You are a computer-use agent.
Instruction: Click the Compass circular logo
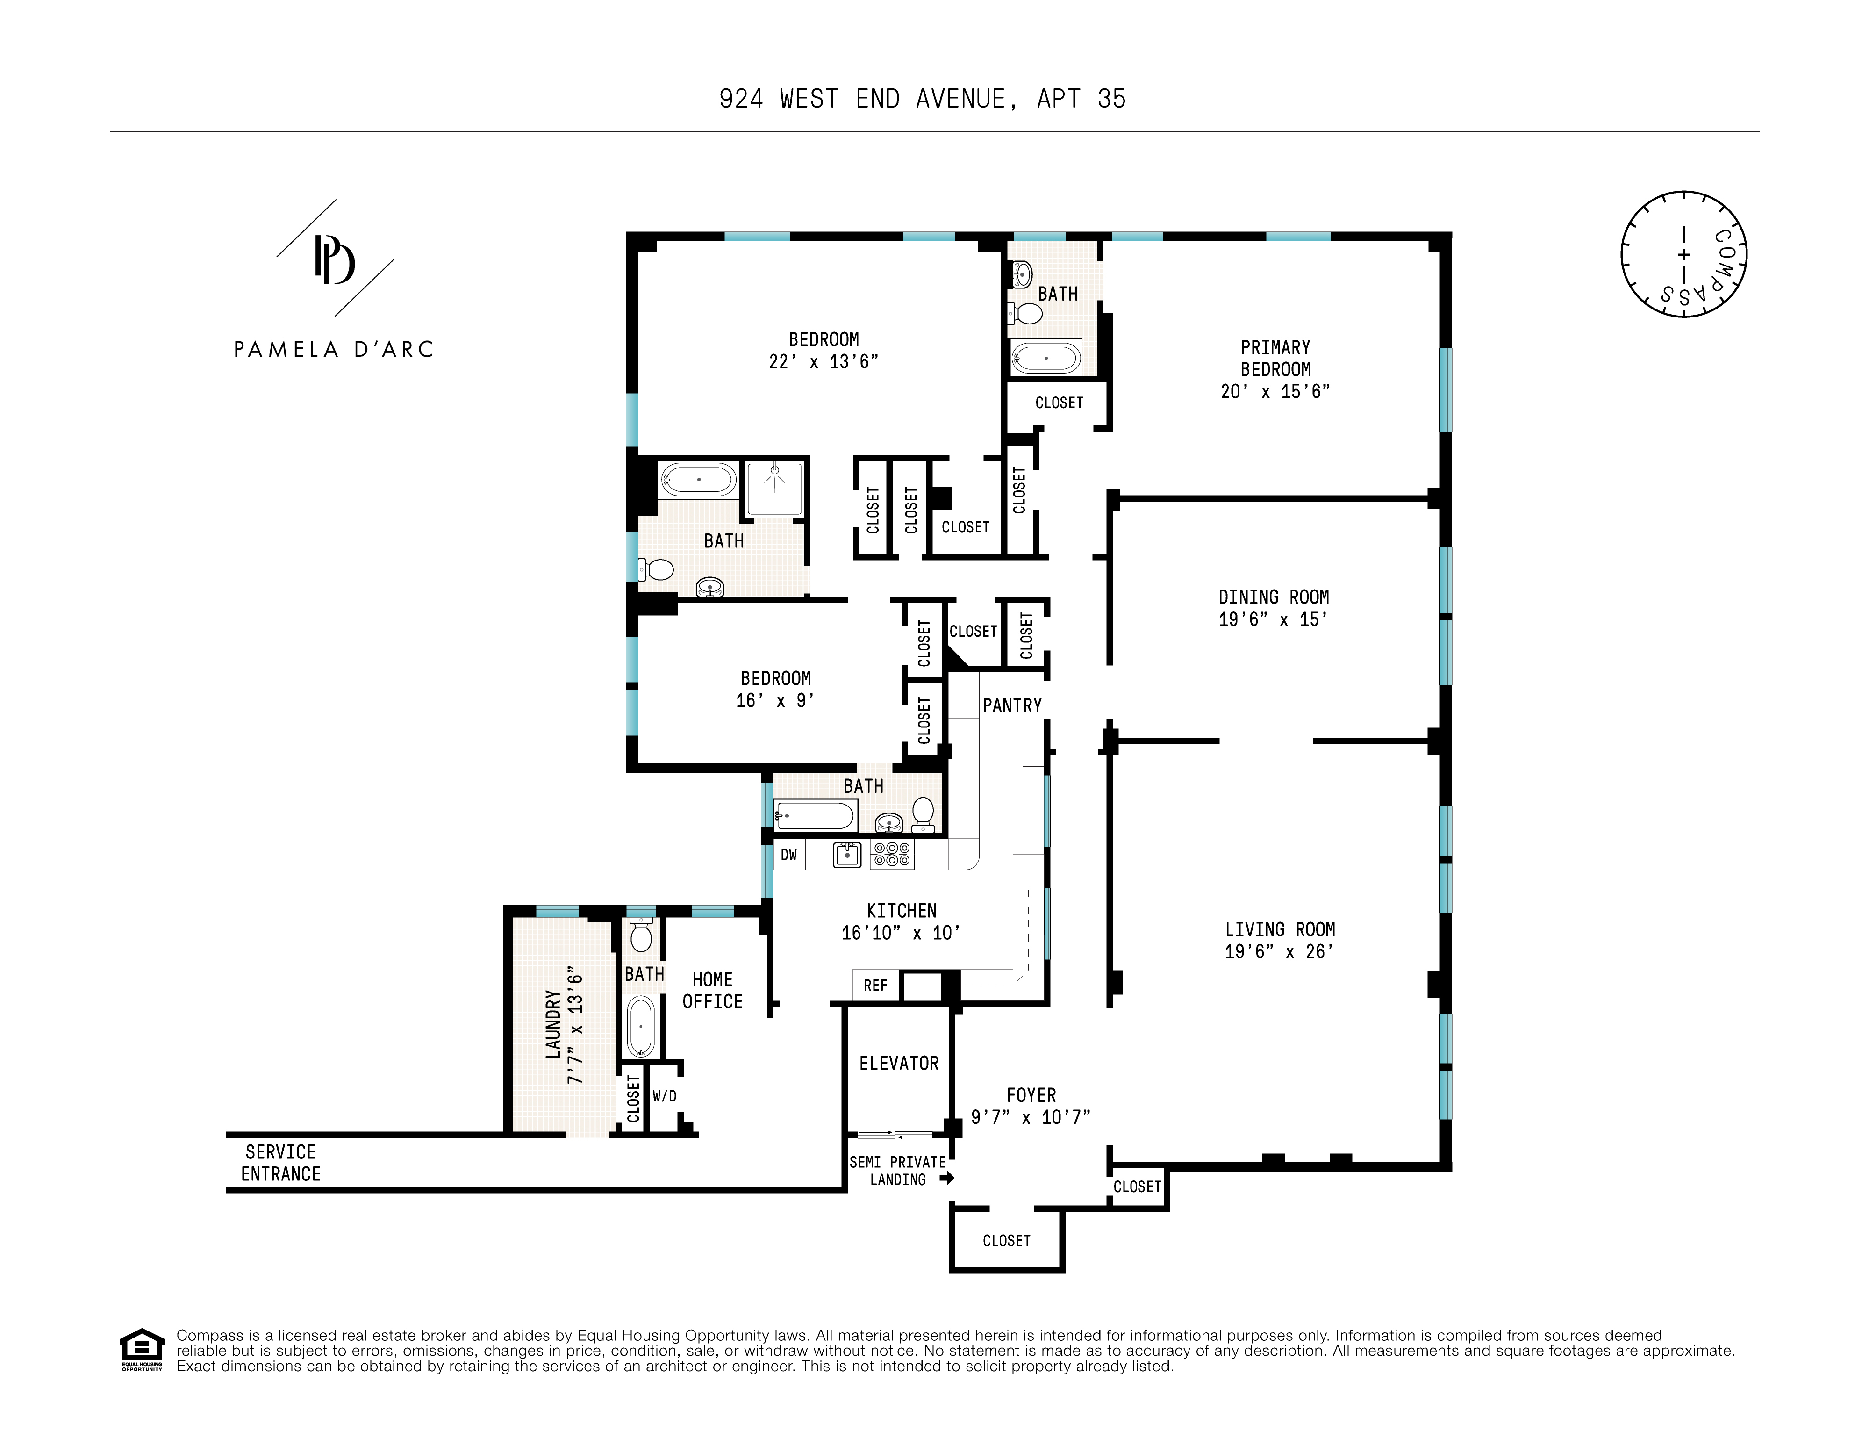pos(1683,254)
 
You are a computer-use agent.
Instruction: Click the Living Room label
pos(1279,929)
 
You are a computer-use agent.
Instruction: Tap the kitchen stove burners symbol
pos(892,854)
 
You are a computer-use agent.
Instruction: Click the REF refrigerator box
pos(875,986)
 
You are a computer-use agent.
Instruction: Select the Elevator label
pos(899,1063)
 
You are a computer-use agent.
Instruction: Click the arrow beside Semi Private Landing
pos(946,1178)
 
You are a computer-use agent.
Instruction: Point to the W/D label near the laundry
pos(664,1096)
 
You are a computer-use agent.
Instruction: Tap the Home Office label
pos(712,991)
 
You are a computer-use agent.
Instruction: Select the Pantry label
pos(1011,705)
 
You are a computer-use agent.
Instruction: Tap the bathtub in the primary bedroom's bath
pos(1046,357)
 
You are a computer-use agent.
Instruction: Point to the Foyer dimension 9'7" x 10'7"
pos(1031,1117)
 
